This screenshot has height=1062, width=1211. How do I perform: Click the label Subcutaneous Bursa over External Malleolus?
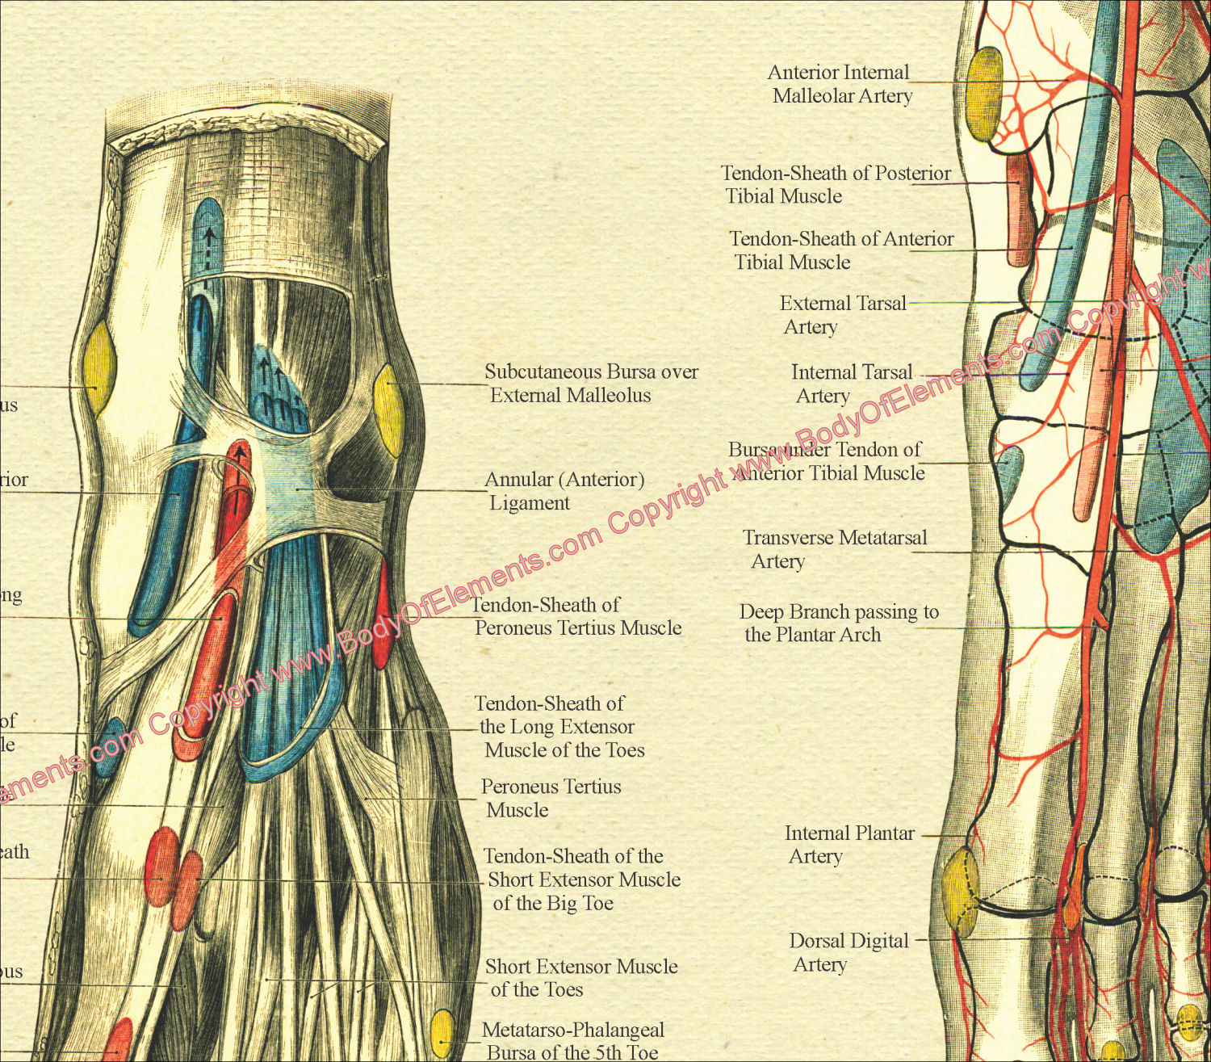[590, 384]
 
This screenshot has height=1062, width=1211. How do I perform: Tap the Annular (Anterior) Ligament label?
[564, 491]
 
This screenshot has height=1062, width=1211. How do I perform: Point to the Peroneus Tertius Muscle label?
[551, 798]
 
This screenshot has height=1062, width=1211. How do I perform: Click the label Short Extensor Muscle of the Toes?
[581, 978]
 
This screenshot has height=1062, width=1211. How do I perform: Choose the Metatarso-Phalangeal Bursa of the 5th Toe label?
[573, 1041]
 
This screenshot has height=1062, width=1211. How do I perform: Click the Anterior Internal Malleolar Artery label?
[840, 84]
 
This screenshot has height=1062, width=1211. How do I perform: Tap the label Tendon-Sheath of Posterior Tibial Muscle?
[835, 184]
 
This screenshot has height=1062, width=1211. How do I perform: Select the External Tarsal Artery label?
[842, 315]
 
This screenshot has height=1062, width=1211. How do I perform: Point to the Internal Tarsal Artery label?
[851, 384]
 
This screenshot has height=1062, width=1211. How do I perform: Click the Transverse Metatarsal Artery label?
[834, 549]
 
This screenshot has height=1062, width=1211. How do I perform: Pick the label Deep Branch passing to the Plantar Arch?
[838, 623]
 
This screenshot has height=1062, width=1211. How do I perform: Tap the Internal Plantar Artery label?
[849, 844]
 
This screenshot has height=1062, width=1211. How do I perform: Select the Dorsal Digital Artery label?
[848, 952]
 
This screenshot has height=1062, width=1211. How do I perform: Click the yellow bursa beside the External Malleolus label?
[388, 409]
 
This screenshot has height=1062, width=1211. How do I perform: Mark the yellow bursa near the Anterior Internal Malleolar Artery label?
[984, 94]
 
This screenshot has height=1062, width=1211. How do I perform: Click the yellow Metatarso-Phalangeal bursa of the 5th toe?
[442, 1033]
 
